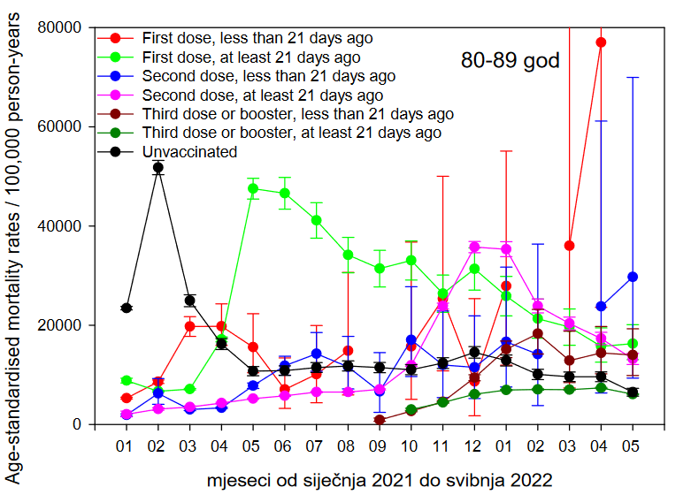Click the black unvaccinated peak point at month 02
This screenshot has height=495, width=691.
point(157,167)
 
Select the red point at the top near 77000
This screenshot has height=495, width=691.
point(601,42)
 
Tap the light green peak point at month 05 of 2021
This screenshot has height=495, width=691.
point(253,188)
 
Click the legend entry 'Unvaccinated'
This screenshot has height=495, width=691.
point(189,151)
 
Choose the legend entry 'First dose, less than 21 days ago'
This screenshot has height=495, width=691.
point(257,38)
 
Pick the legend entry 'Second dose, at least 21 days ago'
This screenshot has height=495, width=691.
point(262,95)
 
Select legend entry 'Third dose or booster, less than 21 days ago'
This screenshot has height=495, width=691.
point(297,114)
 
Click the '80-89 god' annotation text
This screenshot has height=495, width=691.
point(511,61)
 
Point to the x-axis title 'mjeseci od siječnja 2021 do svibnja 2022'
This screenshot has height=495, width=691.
point(380,480)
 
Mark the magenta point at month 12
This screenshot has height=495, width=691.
point(474,247)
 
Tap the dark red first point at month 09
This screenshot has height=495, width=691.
point(380,420)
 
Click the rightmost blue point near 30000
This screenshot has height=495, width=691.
point(633,277)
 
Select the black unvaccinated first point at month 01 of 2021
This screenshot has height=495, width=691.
point(127,308)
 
